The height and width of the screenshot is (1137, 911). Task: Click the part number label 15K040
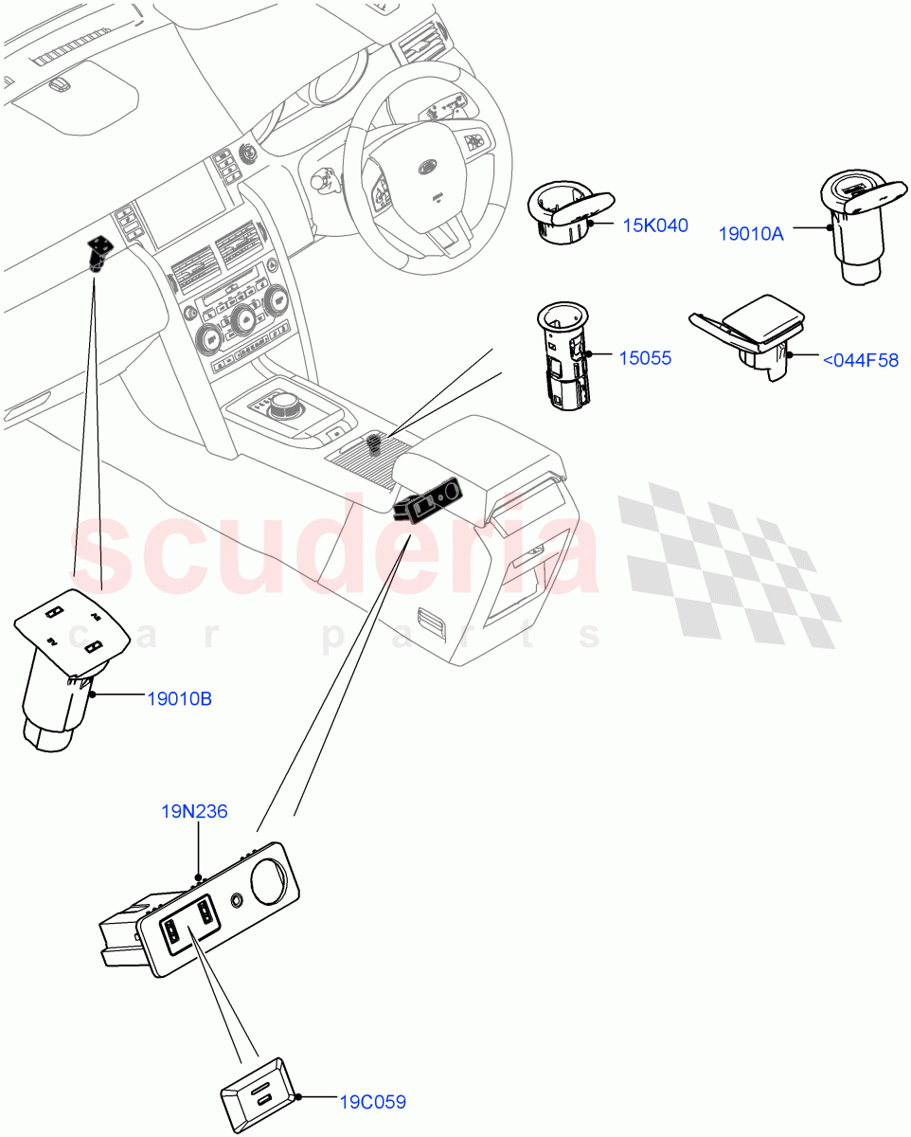point(654,226)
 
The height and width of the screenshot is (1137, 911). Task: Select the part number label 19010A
point(751,233)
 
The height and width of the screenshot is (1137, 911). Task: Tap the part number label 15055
point(645,358)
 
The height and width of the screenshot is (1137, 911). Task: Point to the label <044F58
point(860,360)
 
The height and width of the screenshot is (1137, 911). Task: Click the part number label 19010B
point(179,699)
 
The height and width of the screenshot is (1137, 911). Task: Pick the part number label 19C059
point(372,1102)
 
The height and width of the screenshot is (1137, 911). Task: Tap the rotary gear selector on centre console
point(283,409)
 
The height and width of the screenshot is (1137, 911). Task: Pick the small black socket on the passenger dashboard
point(97,251)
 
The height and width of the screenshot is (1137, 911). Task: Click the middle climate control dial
point(243,320)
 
